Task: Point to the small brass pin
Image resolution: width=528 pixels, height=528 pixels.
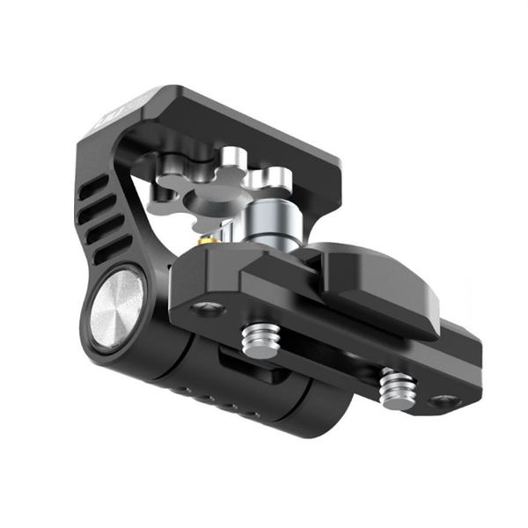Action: click(x=204, y=239)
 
